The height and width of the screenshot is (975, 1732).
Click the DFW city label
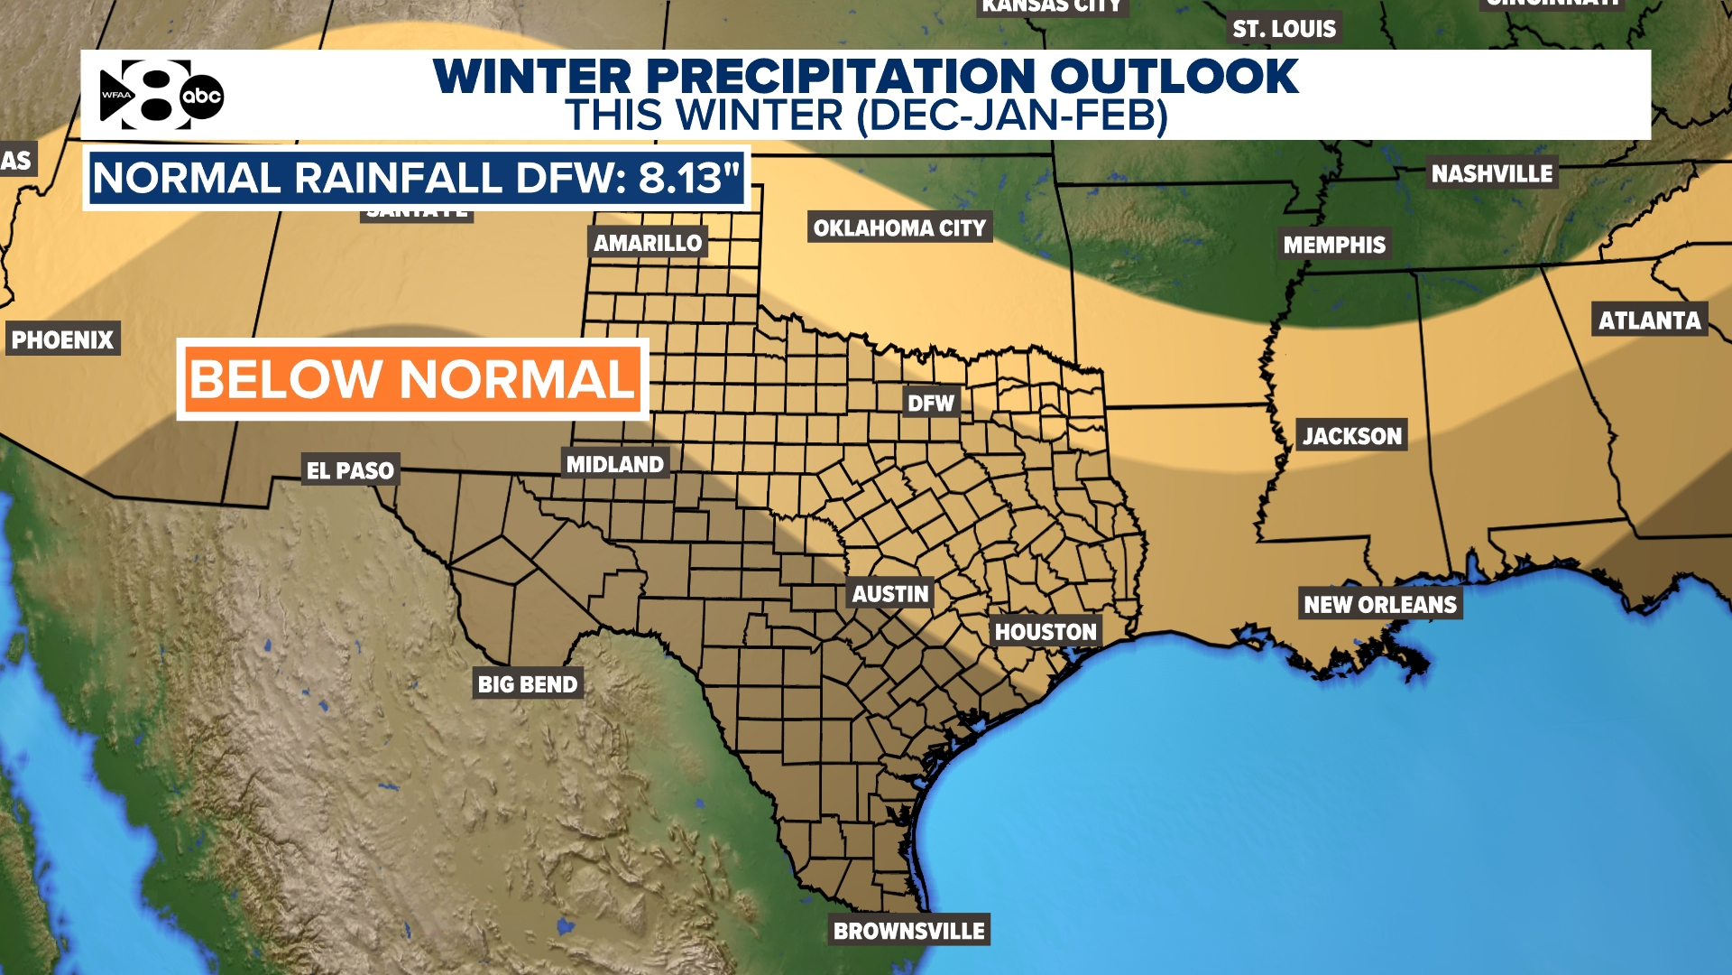click(931, 403)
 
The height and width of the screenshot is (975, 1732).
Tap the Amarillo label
click(647, 243)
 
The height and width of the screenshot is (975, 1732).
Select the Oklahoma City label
click(899, 227)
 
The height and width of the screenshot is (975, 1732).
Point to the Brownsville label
click(908, 931)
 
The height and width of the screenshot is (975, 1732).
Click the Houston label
click(1046, 632)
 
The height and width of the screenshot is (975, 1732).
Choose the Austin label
click(890, 594)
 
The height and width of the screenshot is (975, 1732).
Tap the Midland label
click(615, 464)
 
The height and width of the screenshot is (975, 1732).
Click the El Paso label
click(350, 470)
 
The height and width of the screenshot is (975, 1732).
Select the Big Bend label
click(528, 684)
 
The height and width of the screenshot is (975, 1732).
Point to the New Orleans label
click(1380, 604)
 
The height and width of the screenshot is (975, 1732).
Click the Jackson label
click(1351, 436)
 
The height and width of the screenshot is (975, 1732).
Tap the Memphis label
click(1334, 245)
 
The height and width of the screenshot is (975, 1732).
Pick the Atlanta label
click(1649, 320)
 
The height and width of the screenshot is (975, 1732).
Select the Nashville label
click(1492, 173)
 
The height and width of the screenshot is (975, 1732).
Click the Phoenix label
click(62, 339)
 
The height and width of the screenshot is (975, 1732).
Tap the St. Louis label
click(1284, 29)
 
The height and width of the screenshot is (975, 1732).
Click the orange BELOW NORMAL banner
click(412, 379)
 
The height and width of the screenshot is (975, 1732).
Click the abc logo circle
click(201, 97)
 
